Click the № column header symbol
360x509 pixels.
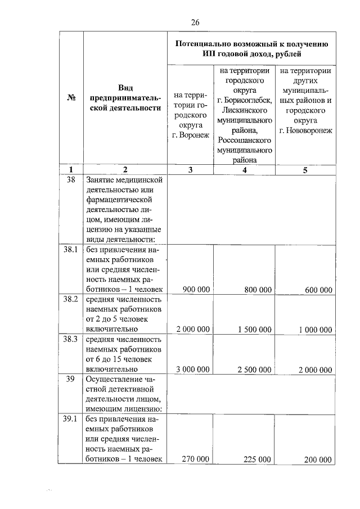[x=71, y=97]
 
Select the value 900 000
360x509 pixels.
[x=196, y=290]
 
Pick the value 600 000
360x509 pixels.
[x=318, y=290]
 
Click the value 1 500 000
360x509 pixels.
[x=255, y=330]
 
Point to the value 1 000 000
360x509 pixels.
[x=315, y=330]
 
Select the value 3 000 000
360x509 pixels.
[x=193, y=370]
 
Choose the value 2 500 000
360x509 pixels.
[x=255, y=370]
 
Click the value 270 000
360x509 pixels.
[x=196, y=460]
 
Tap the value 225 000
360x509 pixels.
[x=258, y=460]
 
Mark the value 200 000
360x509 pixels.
[x=318, y=460]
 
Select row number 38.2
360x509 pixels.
[x=70, y=300]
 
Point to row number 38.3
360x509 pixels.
[x=70, y=340]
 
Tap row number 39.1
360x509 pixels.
[x=70, y=420]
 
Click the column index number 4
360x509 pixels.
[x=245, y=170]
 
